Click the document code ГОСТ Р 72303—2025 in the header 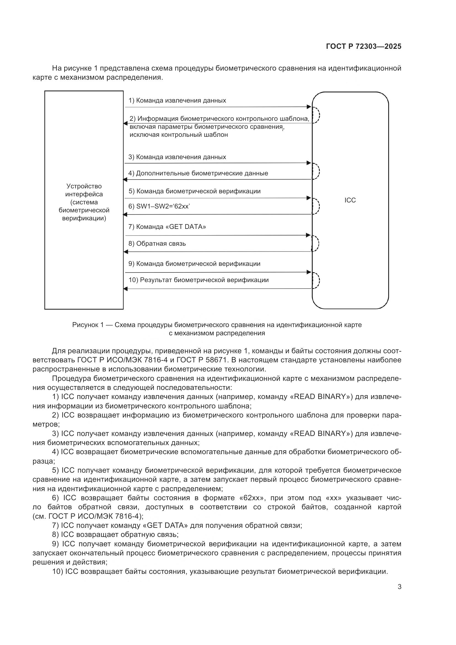(364, 46)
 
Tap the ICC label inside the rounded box (350, 200)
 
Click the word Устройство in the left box (84, 186)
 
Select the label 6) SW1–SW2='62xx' (159, 206)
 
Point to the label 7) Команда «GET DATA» (167, 226)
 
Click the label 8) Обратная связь (157, 243)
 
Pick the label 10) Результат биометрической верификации (199, 280)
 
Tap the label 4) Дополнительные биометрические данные (198, 173)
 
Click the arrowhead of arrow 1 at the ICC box (309, 107)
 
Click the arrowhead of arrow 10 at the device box (125, 288)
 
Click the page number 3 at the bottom (399, 587)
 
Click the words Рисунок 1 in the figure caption (88, 325)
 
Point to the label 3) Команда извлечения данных (177, 157)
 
